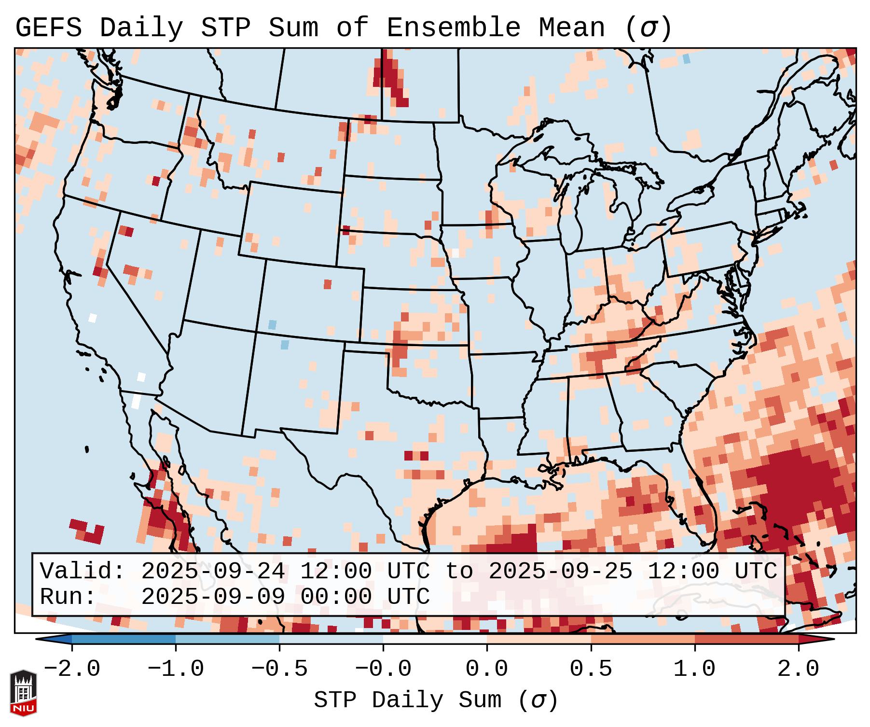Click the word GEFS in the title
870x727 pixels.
(x=48, y=28)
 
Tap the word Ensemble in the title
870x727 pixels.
(x=454, y=28)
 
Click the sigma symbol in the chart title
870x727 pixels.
(x=648, y=29)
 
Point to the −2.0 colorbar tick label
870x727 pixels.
(x=72, y=669)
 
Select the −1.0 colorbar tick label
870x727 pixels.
(x=176, y=669)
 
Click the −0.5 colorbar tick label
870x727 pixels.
(x=279, y=669)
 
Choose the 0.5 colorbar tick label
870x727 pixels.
(x=591, y=669)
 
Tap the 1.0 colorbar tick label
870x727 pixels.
(x=694, y=669)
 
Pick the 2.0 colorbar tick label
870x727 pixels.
(x=798, y=669)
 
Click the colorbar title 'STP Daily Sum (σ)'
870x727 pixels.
(x=436, y=700)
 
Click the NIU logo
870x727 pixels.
(x=23, y=693)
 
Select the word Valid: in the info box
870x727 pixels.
(x=83, y=571)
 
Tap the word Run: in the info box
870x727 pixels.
(x=68, y=597)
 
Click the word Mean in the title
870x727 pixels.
(x=572, y=28)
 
